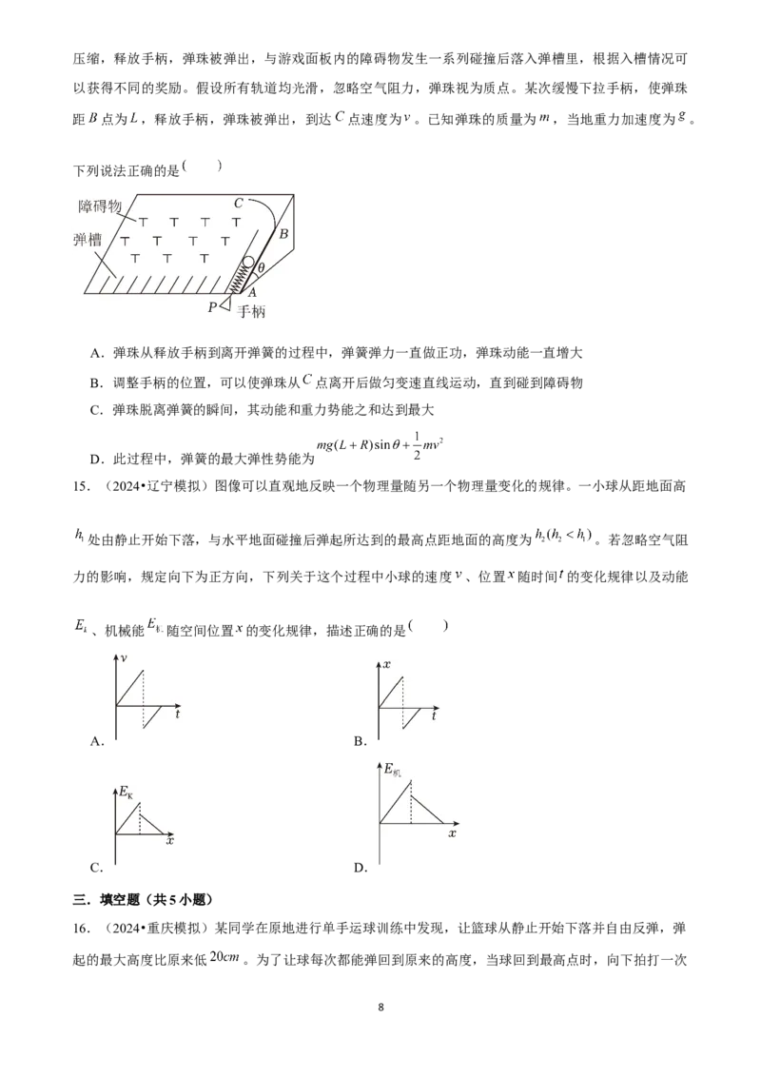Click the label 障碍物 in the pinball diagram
tap(100, 206)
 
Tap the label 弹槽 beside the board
tap(88, 240)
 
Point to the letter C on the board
tap(239, 204)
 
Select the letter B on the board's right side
tap(283, 233)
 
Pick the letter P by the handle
tap(212, 307)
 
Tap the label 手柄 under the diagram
tap(251, 311)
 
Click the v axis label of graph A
tap(124, 658)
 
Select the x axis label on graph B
tap(386, 664)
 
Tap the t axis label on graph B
tap(434, 715)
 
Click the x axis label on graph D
tap(452, 833)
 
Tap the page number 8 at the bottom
tap(381, 1008)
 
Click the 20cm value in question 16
tap(224, 957)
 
